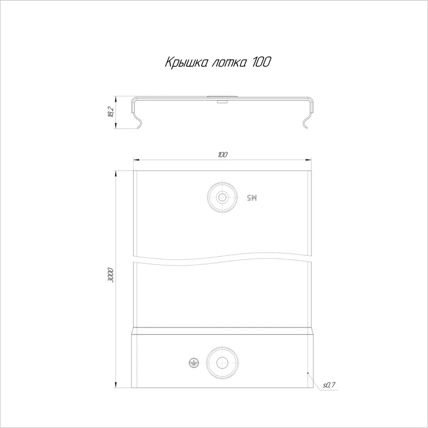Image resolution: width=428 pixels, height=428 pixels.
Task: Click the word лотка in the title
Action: click(230, 63)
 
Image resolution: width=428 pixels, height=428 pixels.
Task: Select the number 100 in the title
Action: click(262, 62)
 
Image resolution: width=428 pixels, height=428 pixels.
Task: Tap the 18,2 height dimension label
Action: click(111, 112)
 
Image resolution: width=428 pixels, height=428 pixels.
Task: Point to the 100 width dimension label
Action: click(223, 155)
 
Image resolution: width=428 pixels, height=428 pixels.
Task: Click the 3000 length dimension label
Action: click(111, 275)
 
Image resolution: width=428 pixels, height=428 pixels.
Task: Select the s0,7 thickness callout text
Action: click(329, 385)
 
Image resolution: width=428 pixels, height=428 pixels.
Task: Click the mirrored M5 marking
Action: click(252, 197)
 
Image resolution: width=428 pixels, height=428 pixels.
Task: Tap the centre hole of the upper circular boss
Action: click(223, 197)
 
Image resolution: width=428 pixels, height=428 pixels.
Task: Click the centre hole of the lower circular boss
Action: click(222, 363)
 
